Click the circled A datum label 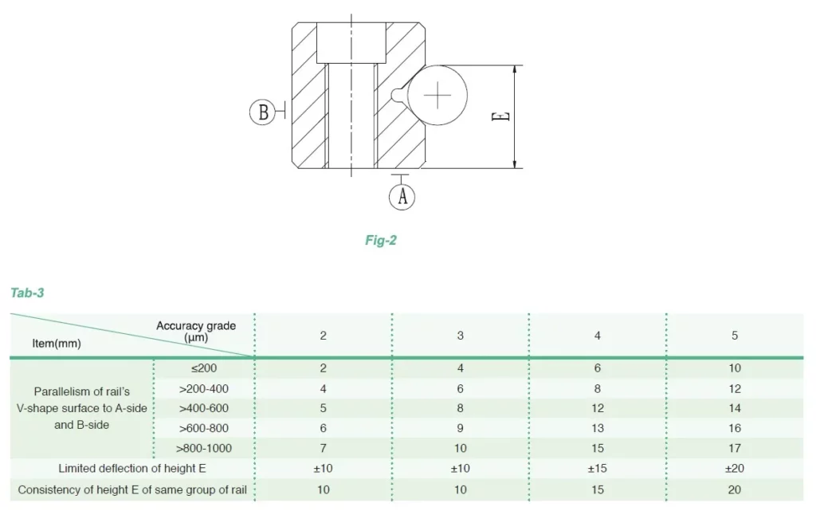[x=402, y=196]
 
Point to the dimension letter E [x=500, y=116]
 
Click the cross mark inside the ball [x=437, y=96]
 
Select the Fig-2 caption [x=380, y=240]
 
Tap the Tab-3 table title [x=27, y=293]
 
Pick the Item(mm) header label [x=56, y=344]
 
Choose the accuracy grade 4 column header [x=598, y=336]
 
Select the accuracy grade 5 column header [x=735, y=336]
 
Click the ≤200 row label [x=202, y=368]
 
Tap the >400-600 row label [x=204, y=408]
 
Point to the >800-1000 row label [x=204, y=448]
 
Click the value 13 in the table [x=598, y=428]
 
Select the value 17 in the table [x=735, y=448]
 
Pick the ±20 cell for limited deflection [x=735, y=469]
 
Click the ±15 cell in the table [x=598, y=469]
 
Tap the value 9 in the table [x=461, y=428]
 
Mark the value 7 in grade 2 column [x=324, y=448]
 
